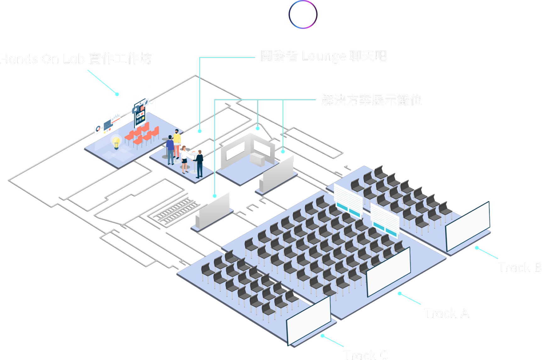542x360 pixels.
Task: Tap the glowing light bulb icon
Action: [x=116, y=142]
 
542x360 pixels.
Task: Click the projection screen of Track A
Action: [x=389, y=272]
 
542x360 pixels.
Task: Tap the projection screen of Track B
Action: [x=467, y=226]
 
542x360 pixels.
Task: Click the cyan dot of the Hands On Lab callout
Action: [x=117, y=94]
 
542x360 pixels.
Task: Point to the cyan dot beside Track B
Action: [x=477, y=248]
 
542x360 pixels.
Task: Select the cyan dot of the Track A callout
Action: [x=400, y=294]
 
